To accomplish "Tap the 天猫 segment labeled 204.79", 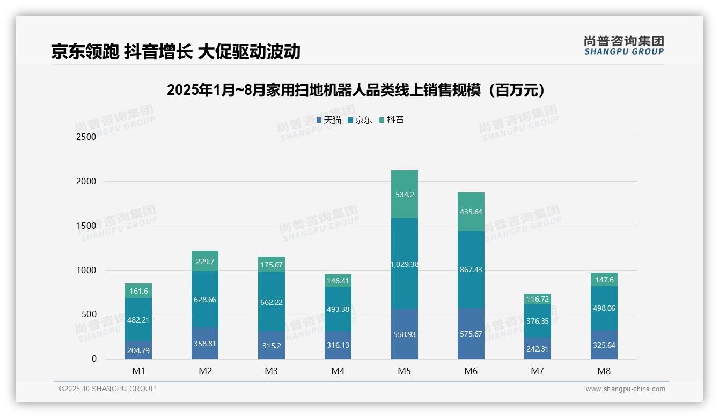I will [138, 350].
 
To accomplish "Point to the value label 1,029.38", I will [405, 264].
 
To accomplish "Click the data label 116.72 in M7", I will [538, 299].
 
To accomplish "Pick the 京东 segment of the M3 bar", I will [272, 302].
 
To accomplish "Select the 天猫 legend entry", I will [329, 120].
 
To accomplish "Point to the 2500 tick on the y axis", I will [86, 137].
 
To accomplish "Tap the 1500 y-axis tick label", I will [86, 226].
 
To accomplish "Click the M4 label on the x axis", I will [338, 371].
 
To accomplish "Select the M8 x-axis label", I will [604, 371].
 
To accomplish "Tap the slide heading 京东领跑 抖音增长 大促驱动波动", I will [175, 52].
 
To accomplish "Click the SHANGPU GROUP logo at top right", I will [623, 46].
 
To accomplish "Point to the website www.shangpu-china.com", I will [625, 389].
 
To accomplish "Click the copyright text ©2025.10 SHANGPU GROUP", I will [107, 389].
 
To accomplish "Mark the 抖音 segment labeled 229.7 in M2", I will [205, 261].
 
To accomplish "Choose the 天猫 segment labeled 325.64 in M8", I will [604, 345].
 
